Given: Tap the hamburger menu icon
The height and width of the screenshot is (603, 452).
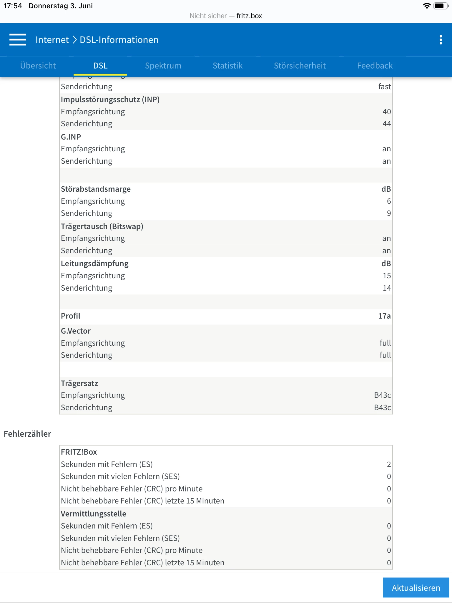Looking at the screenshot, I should [18, 40].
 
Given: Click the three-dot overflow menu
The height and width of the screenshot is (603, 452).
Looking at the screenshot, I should [441, 40].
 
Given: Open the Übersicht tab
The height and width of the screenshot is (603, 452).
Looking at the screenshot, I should [38, 66].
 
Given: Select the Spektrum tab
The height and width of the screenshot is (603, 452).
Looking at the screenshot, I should [163, 66].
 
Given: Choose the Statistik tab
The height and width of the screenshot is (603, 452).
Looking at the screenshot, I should [227, 66].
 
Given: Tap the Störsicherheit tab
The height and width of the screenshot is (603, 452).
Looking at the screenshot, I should [300, 66].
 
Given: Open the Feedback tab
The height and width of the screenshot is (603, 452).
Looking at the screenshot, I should [375, 66].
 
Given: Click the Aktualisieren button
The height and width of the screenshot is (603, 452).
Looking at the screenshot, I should [416, 588].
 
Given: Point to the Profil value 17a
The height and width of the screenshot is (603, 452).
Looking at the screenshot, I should [384, 316].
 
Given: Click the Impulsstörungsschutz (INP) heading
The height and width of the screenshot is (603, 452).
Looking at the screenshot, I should [110, 100].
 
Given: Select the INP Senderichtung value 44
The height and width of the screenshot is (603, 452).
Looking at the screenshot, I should [387, 124].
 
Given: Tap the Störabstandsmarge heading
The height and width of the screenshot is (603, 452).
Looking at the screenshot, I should [96, 189].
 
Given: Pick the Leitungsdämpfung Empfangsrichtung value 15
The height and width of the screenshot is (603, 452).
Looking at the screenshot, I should [387, 276].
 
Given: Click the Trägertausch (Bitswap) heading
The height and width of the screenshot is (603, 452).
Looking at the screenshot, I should [102, 226].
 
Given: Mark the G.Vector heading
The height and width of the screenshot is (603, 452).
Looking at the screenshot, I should [76, 331].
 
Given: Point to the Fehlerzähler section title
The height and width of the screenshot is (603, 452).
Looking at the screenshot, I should [27, 434].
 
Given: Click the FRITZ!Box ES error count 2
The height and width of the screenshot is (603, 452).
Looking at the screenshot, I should [389, 464].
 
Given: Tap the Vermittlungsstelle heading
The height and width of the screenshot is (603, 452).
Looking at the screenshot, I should [93, 514].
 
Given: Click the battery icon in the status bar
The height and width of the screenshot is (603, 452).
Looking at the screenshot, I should [441, 6].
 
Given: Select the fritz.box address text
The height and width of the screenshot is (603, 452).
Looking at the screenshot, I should [249, 16].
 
